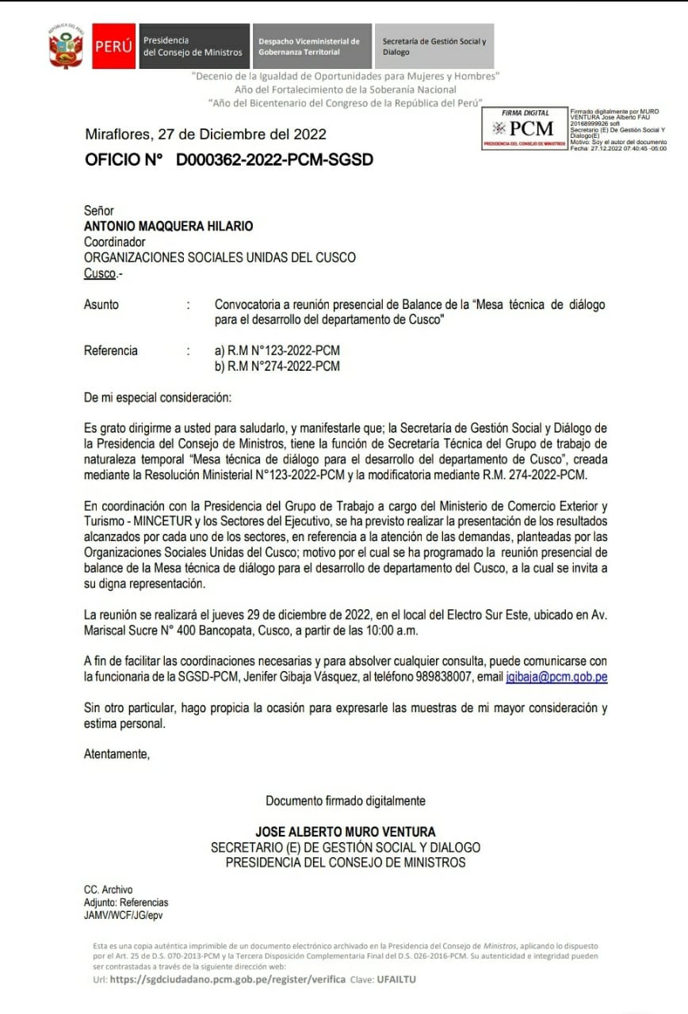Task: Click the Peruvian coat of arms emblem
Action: [66, 45]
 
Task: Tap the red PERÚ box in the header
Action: [114, 46]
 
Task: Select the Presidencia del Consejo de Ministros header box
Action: [193, 46]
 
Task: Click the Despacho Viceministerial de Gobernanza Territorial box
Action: [309, 46]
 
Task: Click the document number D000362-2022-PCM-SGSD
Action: [274, 160]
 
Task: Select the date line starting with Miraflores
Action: [205, 134]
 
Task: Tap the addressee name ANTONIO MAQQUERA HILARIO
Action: [169, 227]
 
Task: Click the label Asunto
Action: [101, 304]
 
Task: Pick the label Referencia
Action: [111, 351]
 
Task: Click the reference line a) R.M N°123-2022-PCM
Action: [277, 351]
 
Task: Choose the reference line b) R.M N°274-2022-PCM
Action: [277, 366]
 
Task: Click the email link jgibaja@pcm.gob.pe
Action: [556, 677]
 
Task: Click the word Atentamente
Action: [117, 754]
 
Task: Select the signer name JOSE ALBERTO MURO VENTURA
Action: [345, 832]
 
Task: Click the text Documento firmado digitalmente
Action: [345, 801]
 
